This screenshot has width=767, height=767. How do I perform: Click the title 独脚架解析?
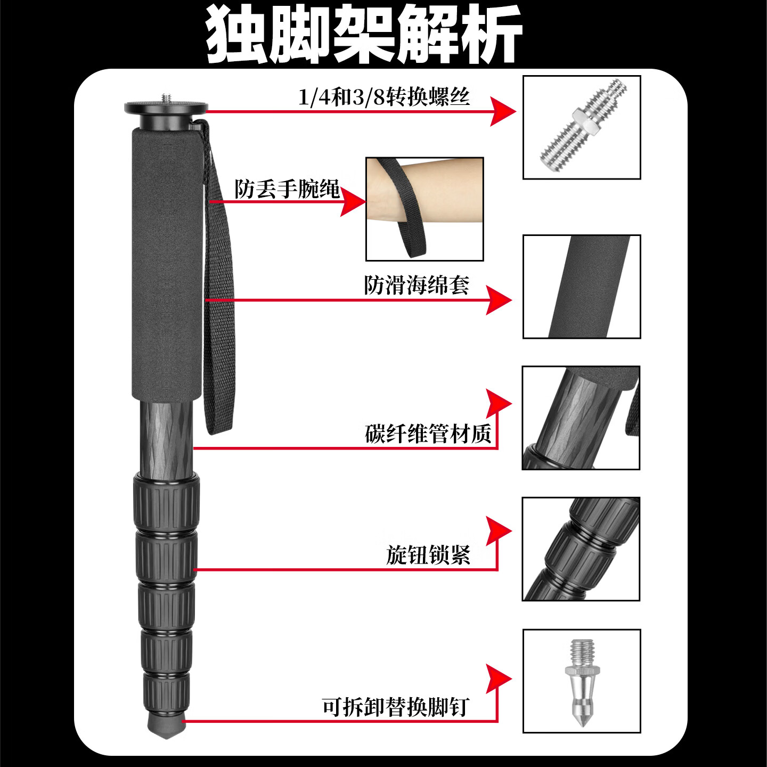click(364, 34)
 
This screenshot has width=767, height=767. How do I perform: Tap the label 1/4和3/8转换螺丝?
click(383, 97)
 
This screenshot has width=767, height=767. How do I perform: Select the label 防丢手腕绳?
click(287, 189)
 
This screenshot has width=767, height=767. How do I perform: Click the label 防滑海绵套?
click(417, 285)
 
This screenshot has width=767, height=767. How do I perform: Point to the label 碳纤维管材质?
click(428, 434)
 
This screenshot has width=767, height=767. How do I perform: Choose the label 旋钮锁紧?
click(428, 554)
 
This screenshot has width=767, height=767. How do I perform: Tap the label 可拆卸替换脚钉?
click(395, 707)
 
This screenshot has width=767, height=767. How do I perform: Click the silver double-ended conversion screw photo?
click(582, 128)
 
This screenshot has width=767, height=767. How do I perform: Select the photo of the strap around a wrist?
click(425, 209)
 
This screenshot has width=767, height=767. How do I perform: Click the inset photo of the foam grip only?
click(582, 287)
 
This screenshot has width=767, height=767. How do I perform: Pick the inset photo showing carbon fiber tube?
click(581, 418)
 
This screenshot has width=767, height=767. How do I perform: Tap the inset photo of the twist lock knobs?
click(581, 549)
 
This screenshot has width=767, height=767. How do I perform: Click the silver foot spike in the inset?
click(581, 682)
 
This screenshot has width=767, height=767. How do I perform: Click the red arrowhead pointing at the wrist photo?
click(352, 201)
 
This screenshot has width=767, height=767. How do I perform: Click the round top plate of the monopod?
click(166, 108)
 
